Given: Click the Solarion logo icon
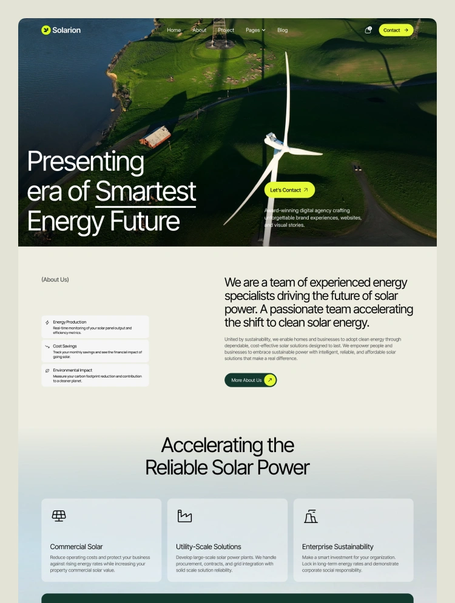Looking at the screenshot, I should [x=46, y=30].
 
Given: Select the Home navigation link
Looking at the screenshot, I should [x=174, y=30].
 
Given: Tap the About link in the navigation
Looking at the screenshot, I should [x=200, y=30].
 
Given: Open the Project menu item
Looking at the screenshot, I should [x=226, y=30].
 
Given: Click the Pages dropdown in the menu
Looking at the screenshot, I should [x=255, y=30].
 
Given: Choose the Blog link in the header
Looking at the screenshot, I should [x=283, y=30].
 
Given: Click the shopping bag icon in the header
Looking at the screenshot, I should [x=368, y=30].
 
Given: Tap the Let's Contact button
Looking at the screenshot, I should [x=289, y=190].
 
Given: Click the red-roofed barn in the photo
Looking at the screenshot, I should [x=156, y=138].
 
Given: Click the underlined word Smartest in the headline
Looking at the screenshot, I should [x=146, y=192].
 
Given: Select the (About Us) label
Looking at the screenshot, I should [x=55, y=279].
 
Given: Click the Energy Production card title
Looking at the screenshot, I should [x=69, y=322].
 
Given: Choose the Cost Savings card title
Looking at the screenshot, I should [x=65, y=346].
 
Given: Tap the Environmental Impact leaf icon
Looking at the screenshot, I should [x=47, y=370].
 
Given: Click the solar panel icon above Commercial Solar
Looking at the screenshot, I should [x=59, y=516].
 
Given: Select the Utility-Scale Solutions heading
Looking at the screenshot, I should [x=209, y=547].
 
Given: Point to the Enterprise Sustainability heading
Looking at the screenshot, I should [x=338, y=547].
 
